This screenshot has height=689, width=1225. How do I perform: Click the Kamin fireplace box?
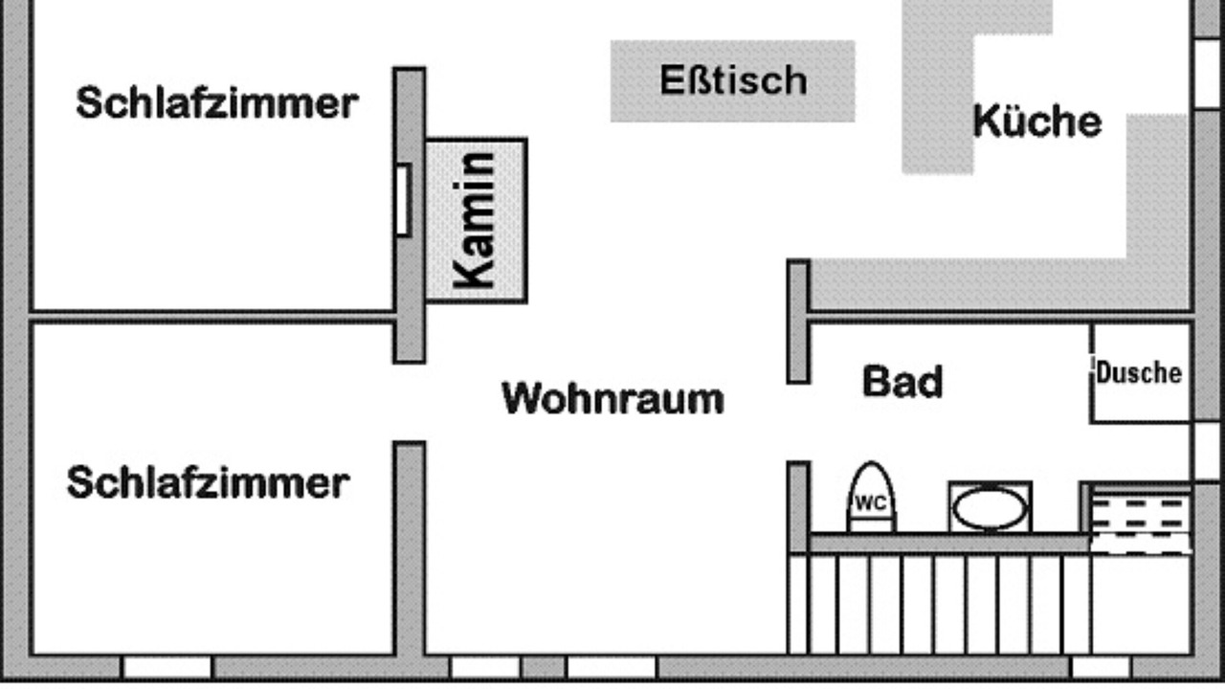(477, 221)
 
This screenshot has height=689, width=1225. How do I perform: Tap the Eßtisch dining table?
(732, 80)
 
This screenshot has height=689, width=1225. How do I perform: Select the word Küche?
(1036, 122)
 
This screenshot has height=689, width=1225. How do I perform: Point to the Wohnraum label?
(612, 398)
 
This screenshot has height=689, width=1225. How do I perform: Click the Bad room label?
(902, 381)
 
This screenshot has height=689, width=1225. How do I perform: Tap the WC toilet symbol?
(871, 500)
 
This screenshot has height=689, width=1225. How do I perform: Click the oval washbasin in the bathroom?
(990, 507)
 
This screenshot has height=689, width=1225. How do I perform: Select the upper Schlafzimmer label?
(216, 102)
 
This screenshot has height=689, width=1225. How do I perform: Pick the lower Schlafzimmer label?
(208, 482)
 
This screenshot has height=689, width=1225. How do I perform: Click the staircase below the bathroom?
(938, 603)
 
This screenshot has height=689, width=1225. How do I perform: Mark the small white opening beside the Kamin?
(403, 199)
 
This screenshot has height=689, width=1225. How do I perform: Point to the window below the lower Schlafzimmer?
(167, 666)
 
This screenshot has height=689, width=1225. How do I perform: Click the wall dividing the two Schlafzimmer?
(211, 316)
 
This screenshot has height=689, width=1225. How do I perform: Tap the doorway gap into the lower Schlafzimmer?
(410, 403)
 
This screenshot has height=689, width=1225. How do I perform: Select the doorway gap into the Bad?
(798, 422)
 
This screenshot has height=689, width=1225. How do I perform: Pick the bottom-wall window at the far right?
(1101, 666)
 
